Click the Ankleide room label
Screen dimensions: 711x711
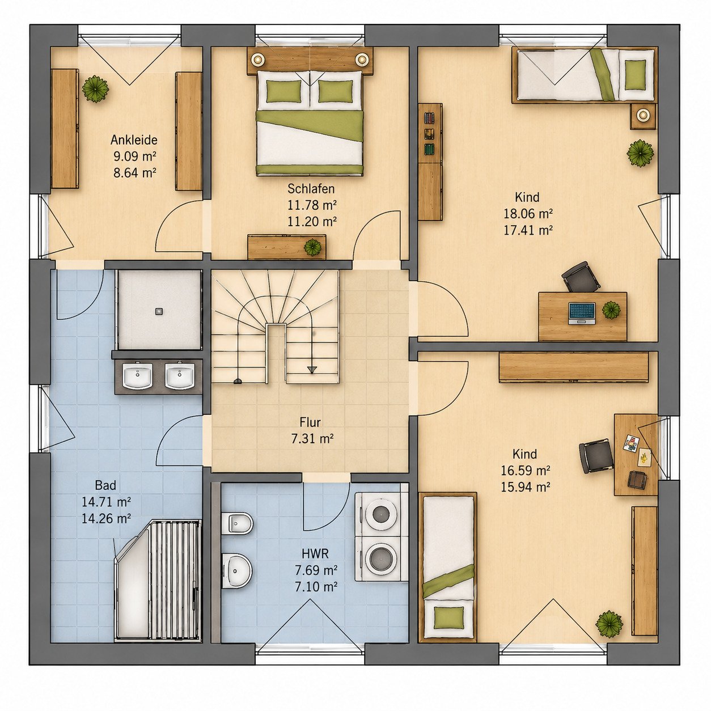coord(134,140)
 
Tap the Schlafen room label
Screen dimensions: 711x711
coord(311,189)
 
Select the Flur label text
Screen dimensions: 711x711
coord(310,422)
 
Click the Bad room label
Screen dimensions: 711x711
coord(105,485)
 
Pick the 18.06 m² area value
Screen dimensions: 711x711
coord(528,214)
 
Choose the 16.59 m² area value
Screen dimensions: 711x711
coord(526,471)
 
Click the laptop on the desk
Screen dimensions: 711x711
coord(582,313)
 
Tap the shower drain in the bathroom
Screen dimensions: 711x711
coord(159,312)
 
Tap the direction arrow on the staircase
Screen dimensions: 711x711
coord(312,369)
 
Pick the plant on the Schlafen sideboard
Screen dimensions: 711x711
coord(312,247)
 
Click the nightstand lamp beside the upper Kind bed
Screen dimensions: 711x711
coord(644,115)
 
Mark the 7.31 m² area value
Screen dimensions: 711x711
coord(312,439)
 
